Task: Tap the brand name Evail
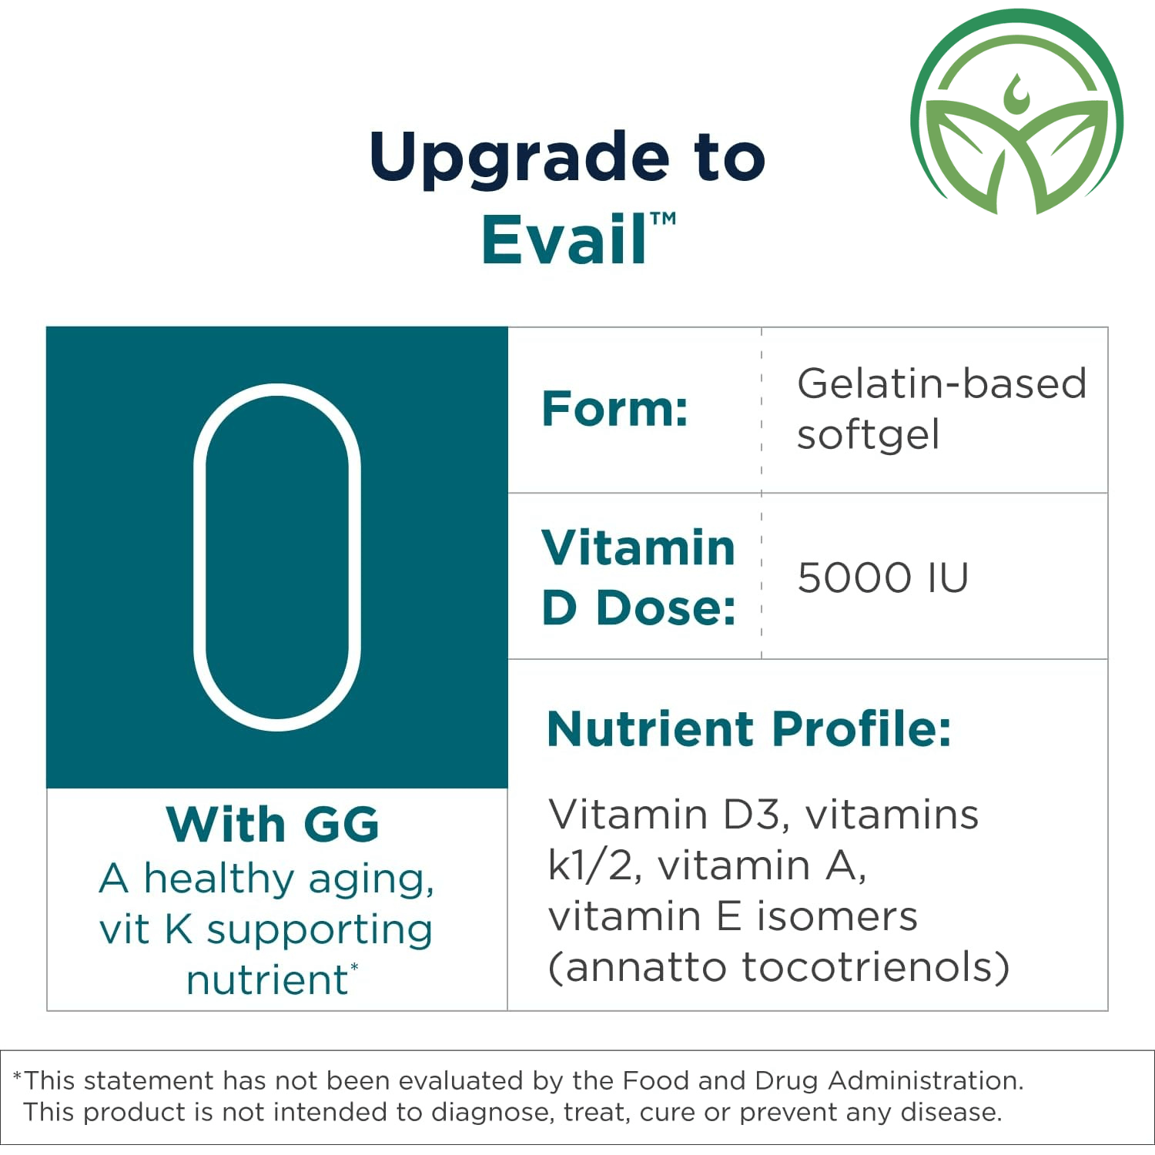coord(564,239)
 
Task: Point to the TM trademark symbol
coord(663,219)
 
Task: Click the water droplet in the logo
coord(1016,92)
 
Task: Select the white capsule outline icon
coord(277,557)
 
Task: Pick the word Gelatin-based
coord(941,383)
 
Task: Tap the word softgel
coord(868,435)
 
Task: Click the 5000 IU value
coord(882,577)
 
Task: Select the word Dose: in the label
coord(666,608)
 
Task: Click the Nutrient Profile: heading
coord(749,728)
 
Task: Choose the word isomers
coord(837,916)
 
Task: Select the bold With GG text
coord(273,825)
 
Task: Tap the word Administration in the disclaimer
coord(926,1080)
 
